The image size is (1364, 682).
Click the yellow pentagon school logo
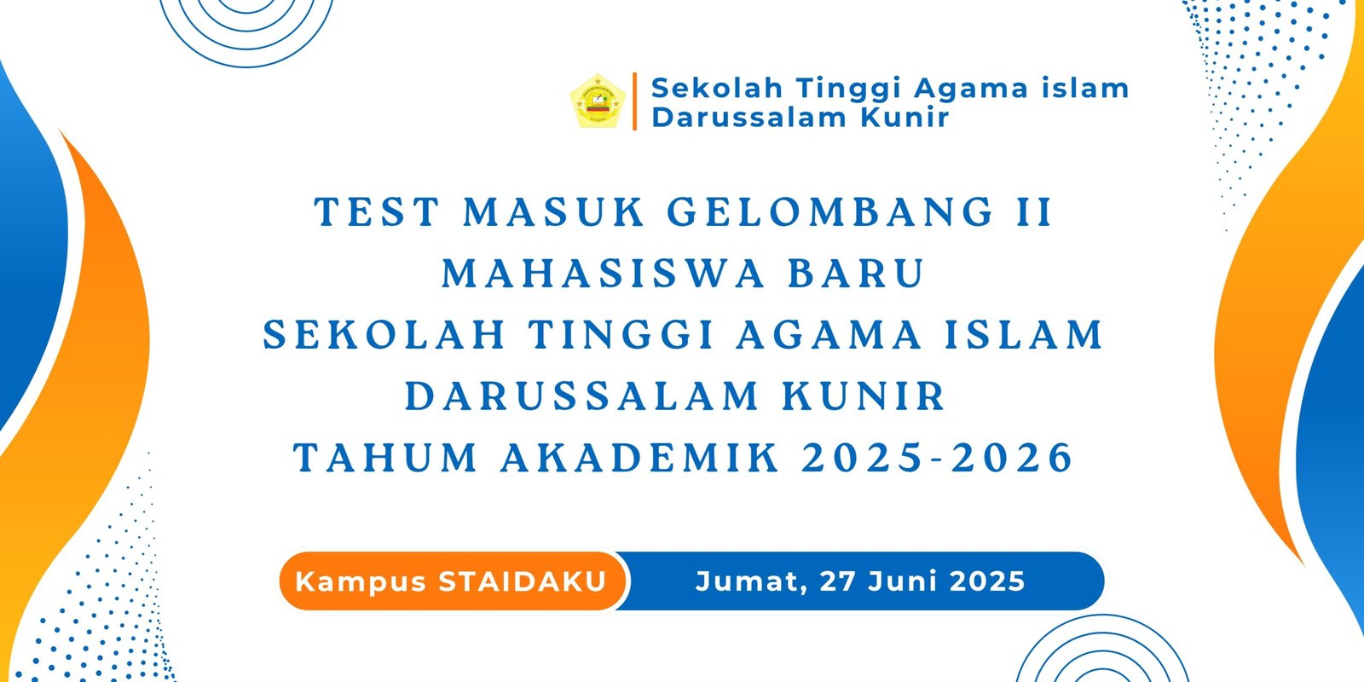pyautogui.click(x=598, y=101)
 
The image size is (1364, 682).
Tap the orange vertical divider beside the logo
pyautogui.click(x=634, y=101)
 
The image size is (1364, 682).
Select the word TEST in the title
pyautogui.click(x=377, y=212)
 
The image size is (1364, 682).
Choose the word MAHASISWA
pyautogui.click(x=603, y=274)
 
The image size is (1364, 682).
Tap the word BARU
pyautogui.click(x=857, y=274)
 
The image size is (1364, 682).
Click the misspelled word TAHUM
pyautogui.click(x=385, y=457)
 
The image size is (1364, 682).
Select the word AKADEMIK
pyautogui.click(x=639, y=457)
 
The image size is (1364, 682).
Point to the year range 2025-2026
pyautogui.click(x=937, y=457)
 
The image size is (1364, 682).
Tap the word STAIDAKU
pyautogui.click(x=523, y=581)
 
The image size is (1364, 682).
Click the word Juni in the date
pyautogui.click(x=903, y=581)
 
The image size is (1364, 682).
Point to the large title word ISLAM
pyautogui.click(x=1024, y=335)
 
